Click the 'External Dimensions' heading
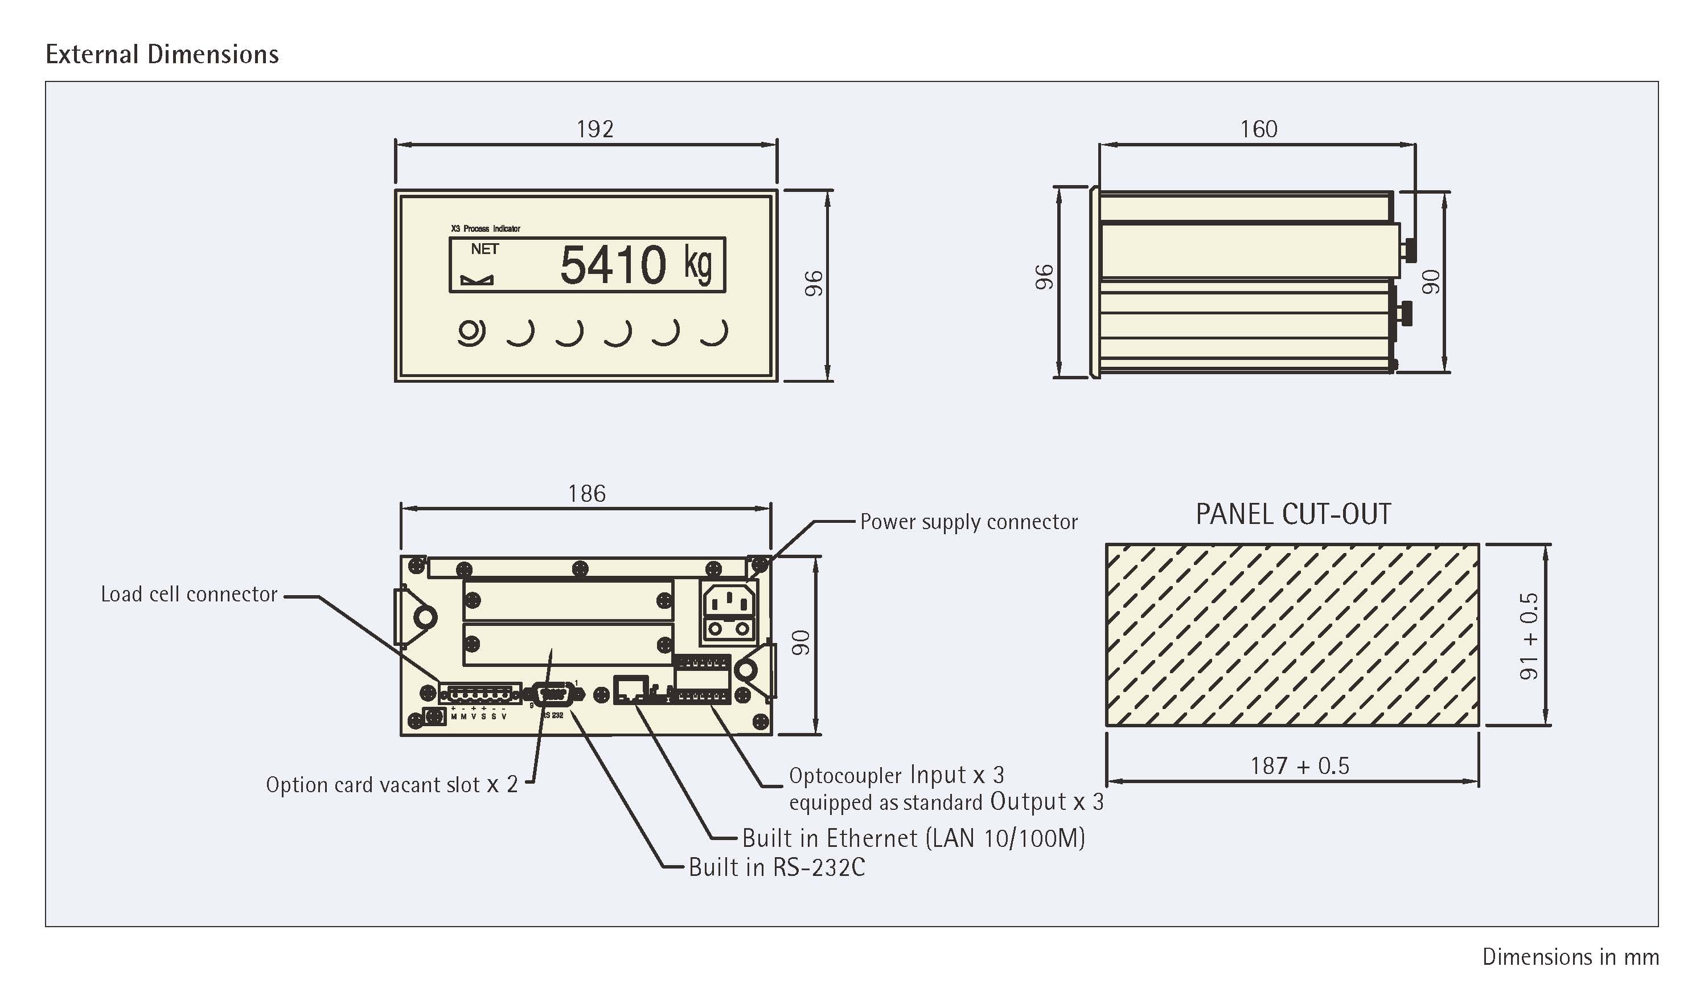162,54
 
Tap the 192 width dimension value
595,129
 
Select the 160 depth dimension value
1258,129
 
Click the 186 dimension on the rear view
587,493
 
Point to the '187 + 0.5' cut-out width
1299,766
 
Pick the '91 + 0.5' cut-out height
1529,637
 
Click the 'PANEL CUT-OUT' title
1294,514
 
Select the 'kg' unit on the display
698,264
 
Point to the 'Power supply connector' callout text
968,522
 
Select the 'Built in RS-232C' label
776,867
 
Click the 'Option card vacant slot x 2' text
392,785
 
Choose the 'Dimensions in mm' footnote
1570,957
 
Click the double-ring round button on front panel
471,333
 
